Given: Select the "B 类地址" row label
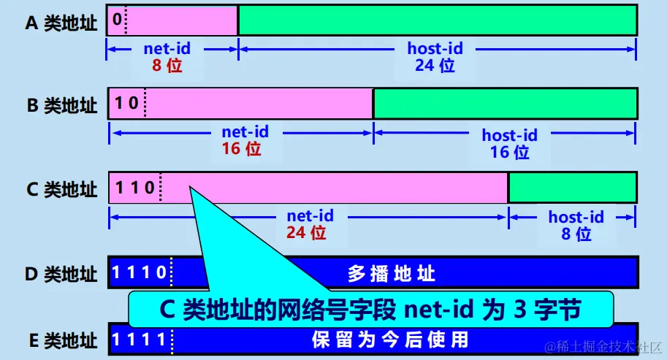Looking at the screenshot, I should (x=61, y=106).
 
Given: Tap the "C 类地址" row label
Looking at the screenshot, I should (x=61, y=190).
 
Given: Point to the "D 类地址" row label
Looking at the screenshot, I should (x=61, y=275).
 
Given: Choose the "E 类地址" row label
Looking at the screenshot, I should (x=61, y=340).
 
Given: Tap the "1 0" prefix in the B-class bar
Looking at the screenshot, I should (x=126, y=103).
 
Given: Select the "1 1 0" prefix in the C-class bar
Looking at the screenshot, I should (x=133, y=187).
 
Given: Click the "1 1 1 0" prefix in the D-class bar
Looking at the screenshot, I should (x=141, y=274).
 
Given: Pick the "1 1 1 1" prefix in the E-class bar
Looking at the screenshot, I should (x=141, y=339).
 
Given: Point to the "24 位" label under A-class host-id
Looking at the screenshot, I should (x=435, y=66).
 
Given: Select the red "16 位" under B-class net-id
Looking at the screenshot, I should (x=240, y=150).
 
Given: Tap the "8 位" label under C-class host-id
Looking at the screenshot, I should (x=576, y=234).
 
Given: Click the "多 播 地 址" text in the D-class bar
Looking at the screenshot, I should (x=392, y=275).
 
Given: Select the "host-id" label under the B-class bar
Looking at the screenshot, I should (x=509, y=135).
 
